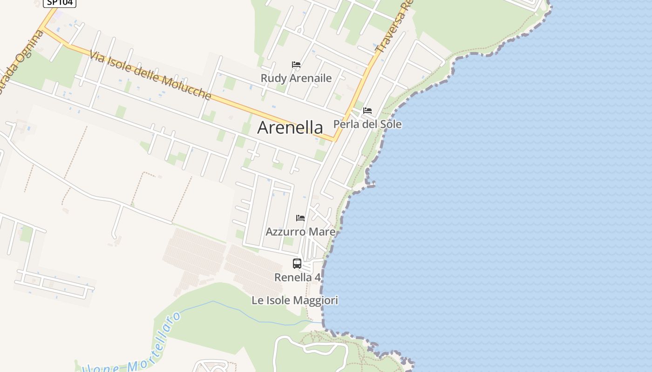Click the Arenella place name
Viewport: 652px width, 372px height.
[290, 127]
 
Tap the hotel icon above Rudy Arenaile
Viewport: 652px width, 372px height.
[296, 65]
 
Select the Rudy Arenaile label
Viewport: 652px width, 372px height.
[296, 78]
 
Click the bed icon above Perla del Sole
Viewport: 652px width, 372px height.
[367, 111]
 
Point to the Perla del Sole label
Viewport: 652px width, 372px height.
[367, 124]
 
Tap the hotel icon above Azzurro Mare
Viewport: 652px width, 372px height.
[300, 218]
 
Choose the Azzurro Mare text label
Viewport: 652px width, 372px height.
[300, 231]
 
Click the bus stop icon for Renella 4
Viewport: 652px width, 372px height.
[297, 264]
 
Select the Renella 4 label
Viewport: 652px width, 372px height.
[298, 277]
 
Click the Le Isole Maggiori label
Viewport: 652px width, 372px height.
[295, 300]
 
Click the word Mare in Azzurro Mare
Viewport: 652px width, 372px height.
[323, 231]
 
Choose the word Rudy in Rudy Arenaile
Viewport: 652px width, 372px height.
[271, 78]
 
